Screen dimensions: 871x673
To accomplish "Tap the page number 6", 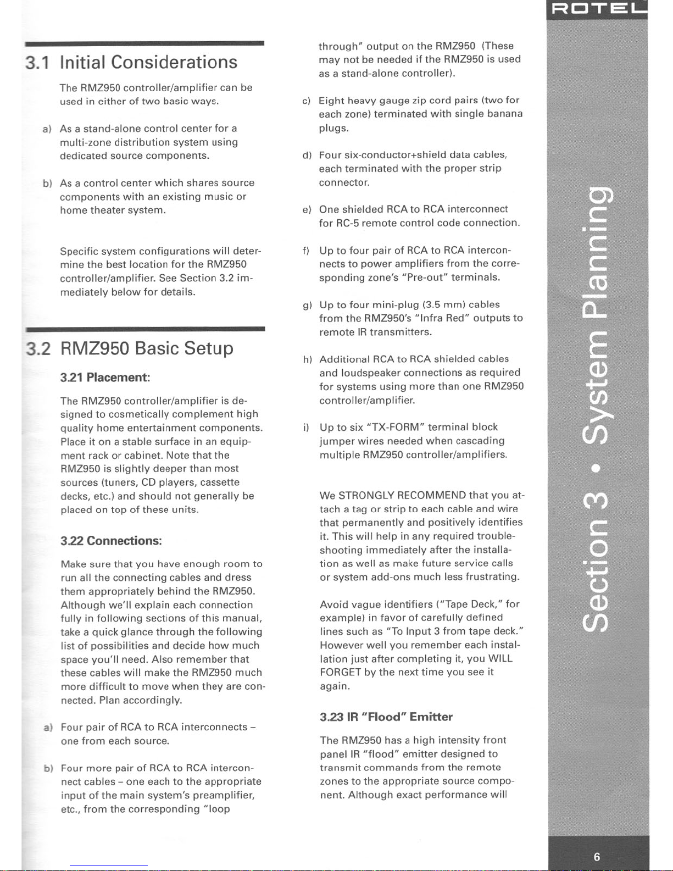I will pyautogui.click(x=597, y=857).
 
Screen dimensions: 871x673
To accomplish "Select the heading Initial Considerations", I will pyautogui.click(x=148, y=62).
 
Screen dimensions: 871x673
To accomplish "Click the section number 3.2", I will pyautogui.click(x=38, y=349).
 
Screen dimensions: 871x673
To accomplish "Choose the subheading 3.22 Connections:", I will pyautogui.click(x=111, y=541).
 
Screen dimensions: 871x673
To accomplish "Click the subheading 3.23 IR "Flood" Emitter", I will pyautogui.click(x=386, y=717).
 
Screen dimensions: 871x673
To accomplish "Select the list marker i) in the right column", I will pyautogui.click(x=305, y=428).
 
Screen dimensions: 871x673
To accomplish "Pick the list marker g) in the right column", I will pyautogui.click(x=306, y=305).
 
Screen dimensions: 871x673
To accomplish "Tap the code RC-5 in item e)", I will pyautogui.click(x=347, y=223).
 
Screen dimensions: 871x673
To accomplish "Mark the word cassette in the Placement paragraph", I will pyautogui.click(x=220, y=482).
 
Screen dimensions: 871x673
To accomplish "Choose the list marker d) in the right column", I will pyautogui.click(x=307, y=156).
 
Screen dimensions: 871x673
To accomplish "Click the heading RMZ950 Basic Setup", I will pyautogui.click(x=147, y=348).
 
